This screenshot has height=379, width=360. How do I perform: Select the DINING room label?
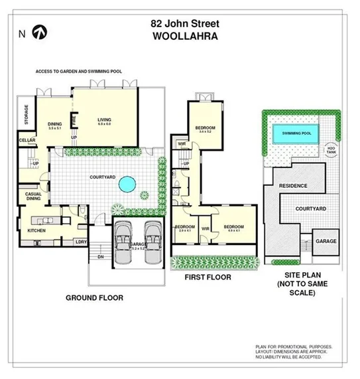coord(54,125)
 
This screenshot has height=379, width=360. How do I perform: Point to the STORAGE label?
coord(27,115)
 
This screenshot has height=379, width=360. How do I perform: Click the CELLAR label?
coord(27,141)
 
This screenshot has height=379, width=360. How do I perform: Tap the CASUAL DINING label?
coord(33,196)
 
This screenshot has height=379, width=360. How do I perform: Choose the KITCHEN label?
coord(36,230)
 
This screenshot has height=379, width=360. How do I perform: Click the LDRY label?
coord(82,242)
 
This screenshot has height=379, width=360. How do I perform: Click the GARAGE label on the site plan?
coord(326,241)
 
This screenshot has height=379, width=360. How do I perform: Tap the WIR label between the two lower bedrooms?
coord(206,230)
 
